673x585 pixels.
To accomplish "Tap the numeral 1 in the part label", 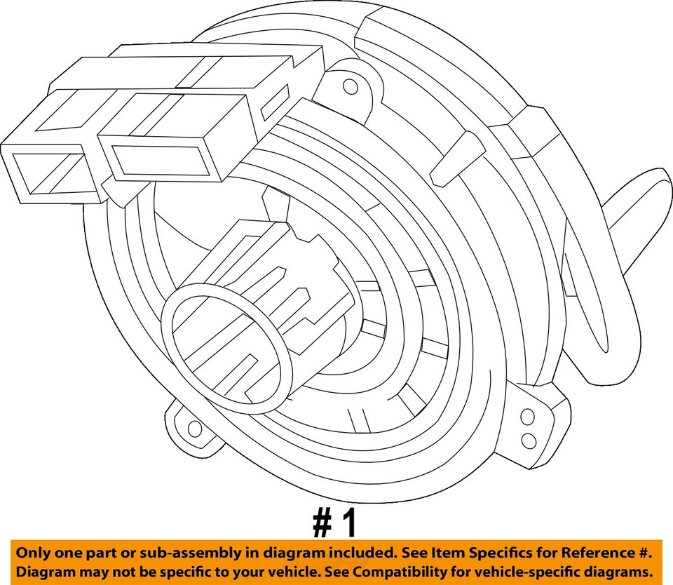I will [x=350, y=523].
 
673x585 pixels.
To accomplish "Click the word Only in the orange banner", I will [x=36, y=553].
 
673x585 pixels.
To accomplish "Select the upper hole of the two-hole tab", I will [x=527, y=418].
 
